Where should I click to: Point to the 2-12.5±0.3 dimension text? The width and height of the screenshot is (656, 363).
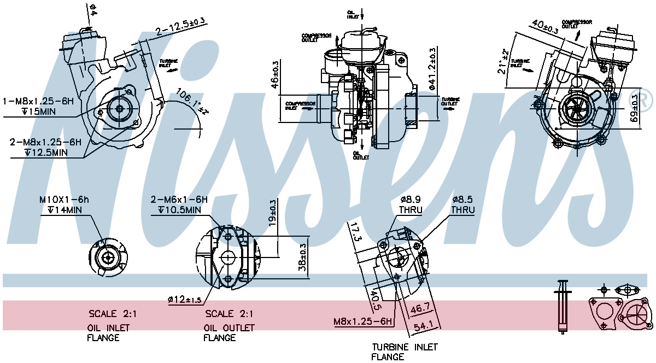180,26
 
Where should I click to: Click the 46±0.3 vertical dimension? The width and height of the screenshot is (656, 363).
275,74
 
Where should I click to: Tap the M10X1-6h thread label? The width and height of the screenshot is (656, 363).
64,200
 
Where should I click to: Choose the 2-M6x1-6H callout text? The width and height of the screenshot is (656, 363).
179,200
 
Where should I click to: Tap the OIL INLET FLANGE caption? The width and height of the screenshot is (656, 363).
109,332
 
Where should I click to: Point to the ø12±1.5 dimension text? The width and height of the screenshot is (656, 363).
185,299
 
